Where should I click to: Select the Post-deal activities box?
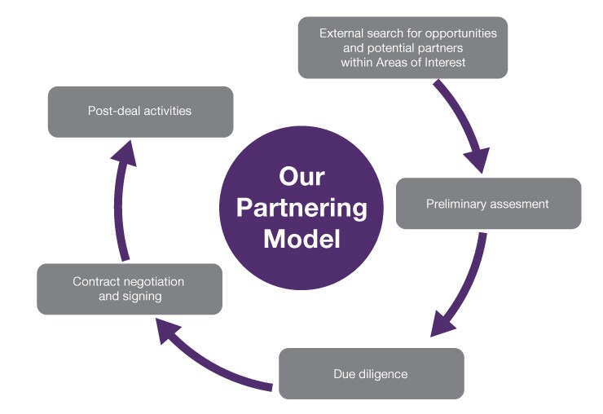pyautogui.click(x=140, y=111)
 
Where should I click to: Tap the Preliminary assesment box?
pyautogui.click(x=488, y=203)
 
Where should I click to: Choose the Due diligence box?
pyautogui.click(x=372, y=374)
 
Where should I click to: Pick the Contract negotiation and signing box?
pyautogui.click(x=129, y=289)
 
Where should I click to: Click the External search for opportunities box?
pyautogui.click(x=403, y=48)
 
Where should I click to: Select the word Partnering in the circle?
pyautogui.click(x=301, y=208)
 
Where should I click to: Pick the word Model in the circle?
pyautogui.click(x=301, y=240)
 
